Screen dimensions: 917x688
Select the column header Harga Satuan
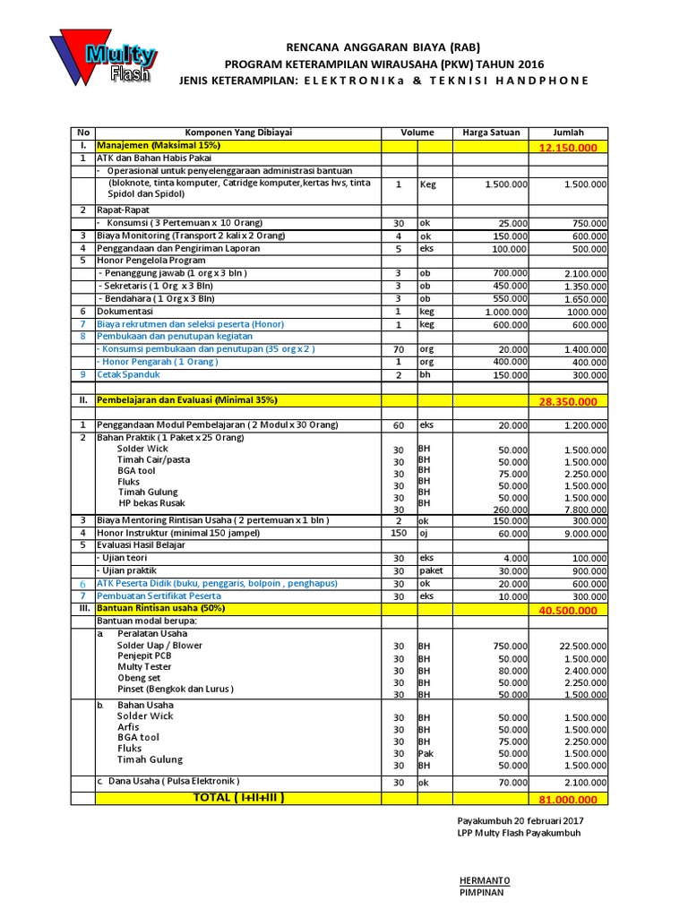[490, 132]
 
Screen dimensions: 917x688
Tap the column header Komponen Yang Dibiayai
[237, 132]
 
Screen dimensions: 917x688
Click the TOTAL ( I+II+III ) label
[239, 796]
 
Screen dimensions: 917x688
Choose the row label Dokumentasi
[127, 311]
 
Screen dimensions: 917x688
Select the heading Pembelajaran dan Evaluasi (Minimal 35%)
[187, 399]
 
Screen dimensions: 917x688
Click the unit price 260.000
[507, 510]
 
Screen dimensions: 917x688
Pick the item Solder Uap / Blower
[159, 645]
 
